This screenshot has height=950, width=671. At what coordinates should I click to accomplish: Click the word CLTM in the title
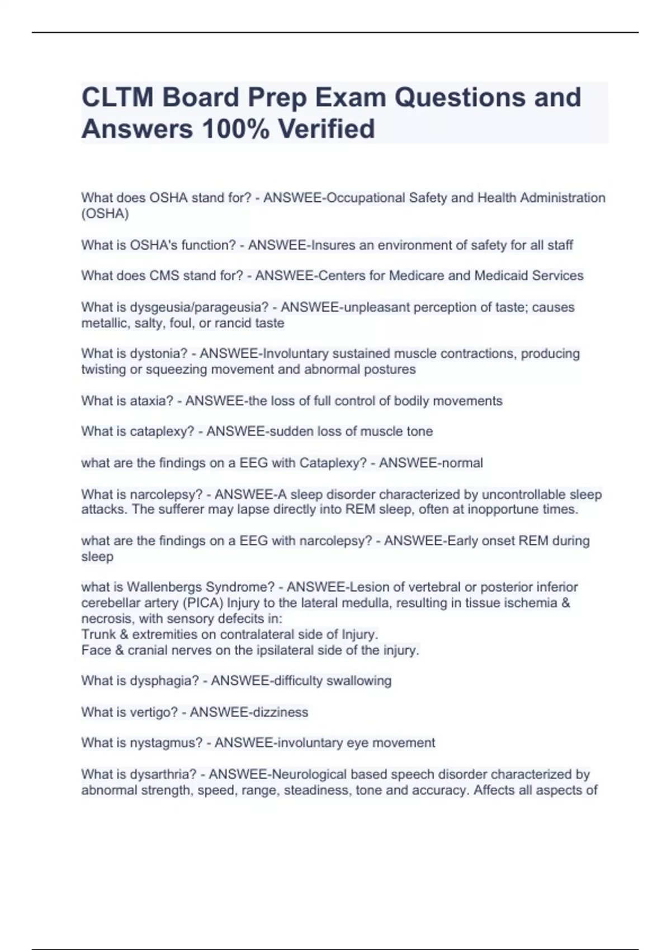[x=117, y=97]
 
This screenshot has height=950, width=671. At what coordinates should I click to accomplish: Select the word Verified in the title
[x=327, y=129]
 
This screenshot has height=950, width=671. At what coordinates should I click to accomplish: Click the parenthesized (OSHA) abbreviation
[x=105, y=213]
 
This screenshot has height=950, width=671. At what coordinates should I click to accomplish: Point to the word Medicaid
[x=501, y=275]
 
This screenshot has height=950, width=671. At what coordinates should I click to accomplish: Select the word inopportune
[x=499, y=510]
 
